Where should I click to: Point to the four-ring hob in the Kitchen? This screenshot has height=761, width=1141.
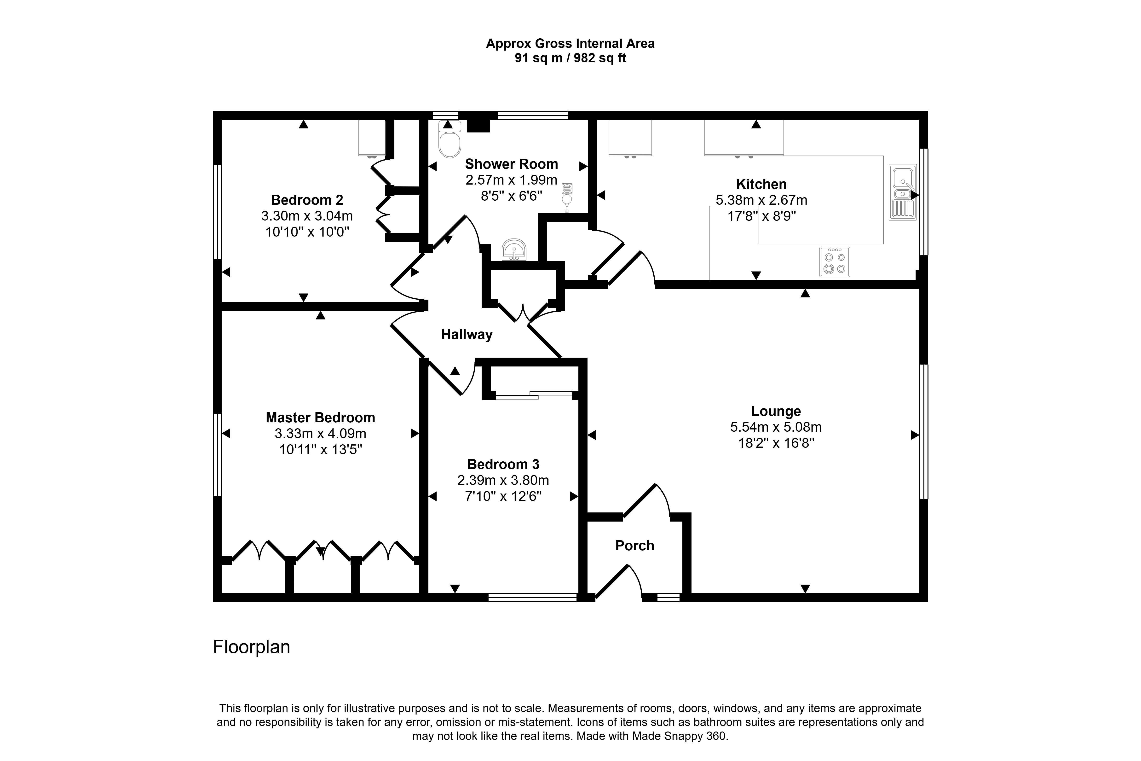834,262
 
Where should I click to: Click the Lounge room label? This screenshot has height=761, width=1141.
776,411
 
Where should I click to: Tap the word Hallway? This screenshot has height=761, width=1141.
467,334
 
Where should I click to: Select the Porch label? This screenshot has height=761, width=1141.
634,546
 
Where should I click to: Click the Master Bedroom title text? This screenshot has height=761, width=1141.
320,417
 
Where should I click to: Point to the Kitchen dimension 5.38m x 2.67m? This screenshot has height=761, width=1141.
761,200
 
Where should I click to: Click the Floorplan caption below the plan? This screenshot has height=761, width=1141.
251,647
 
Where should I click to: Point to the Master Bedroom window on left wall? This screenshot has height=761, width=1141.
217,454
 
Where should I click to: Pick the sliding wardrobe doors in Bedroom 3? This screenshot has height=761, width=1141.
534,395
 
